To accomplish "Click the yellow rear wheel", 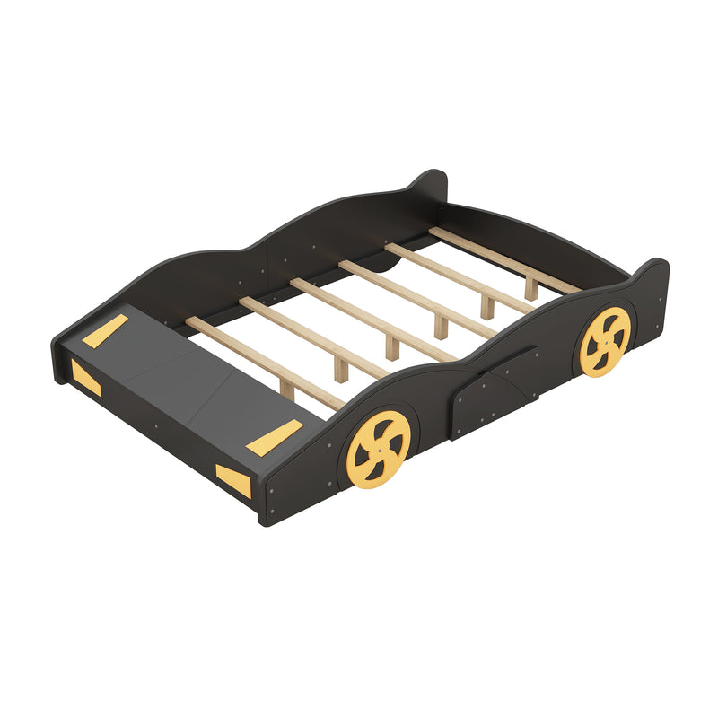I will click(605, 341).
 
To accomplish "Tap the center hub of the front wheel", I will click(378, 449).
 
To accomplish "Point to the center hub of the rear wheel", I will click(605, 341).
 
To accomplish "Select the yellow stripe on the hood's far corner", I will click(105, 332).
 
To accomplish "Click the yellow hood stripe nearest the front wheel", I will click(279, 436).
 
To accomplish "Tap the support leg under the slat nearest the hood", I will click(287, 389).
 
